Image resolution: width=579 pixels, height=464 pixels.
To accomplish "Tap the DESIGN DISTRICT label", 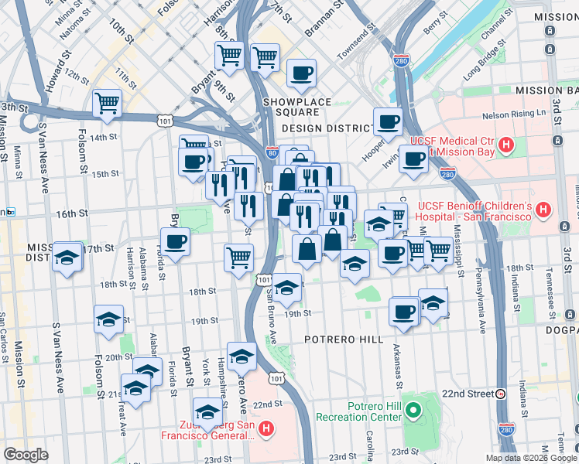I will pyautogui.click(x=329, y=128).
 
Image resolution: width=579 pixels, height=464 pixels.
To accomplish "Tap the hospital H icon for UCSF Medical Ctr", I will pyautogui.click(x=505, y=145).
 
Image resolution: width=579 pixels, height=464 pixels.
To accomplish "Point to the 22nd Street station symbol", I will pyautogui.click(x=501, y=394).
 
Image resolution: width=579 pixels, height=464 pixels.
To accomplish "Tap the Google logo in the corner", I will pyautogui.click(x=26, y=455).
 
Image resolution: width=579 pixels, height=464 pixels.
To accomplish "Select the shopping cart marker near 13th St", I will pyautogui.click(x=107, y=103).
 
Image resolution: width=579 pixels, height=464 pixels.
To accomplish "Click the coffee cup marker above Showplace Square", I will pyautogui.click(x=301, y=73).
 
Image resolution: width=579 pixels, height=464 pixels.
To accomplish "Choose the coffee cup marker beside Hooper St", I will pyautogui.click(x=388, y=121).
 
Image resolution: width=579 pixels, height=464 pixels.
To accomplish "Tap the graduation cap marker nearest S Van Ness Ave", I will pyautogui.click(x=67, y=257).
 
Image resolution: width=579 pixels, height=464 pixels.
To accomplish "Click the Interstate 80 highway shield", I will pyautogui.click(x=271, y=153).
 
